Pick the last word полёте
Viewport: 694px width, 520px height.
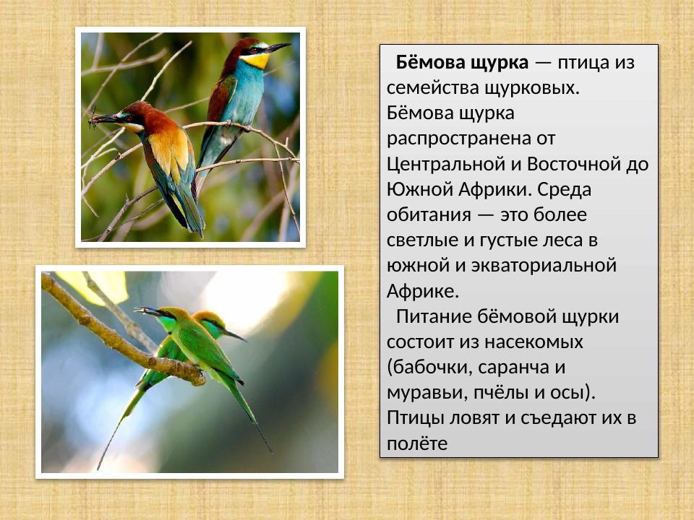click(x=417, y=443)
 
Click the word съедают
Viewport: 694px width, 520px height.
click(x=556, y=417)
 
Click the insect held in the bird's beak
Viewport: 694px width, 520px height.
click(x=93, y=119)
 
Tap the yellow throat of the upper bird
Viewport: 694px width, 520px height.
click(x=256, y=61)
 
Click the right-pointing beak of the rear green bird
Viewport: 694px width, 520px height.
click(x=235, y=335)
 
